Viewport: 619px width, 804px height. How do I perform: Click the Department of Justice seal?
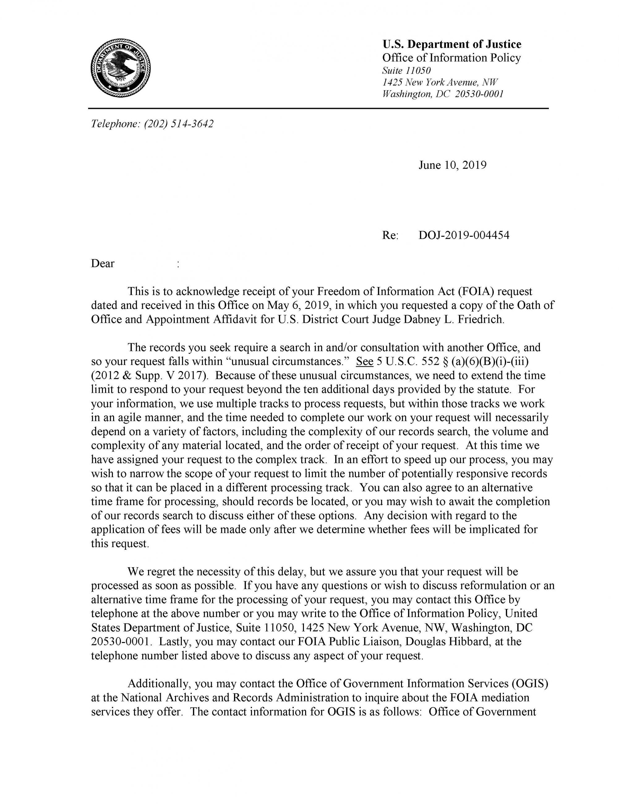(121, 68)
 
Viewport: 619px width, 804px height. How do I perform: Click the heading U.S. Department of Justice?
(451, 45)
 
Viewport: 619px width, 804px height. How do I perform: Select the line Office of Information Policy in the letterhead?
(451, 58)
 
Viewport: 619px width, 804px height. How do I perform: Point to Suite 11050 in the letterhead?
(406, 70)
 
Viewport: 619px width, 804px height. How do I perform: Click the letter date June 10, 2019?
(452, 165)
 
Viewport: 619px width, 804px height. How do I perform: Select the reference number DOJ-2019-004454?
(464, 235)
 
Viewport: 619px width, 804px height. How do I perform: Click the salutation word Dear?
(103, 263)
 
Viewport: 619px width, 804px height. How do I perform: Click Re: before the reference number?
(390, 235)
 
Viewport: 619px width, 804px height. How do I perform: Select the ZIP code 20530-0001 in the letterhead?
(479, 94)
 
